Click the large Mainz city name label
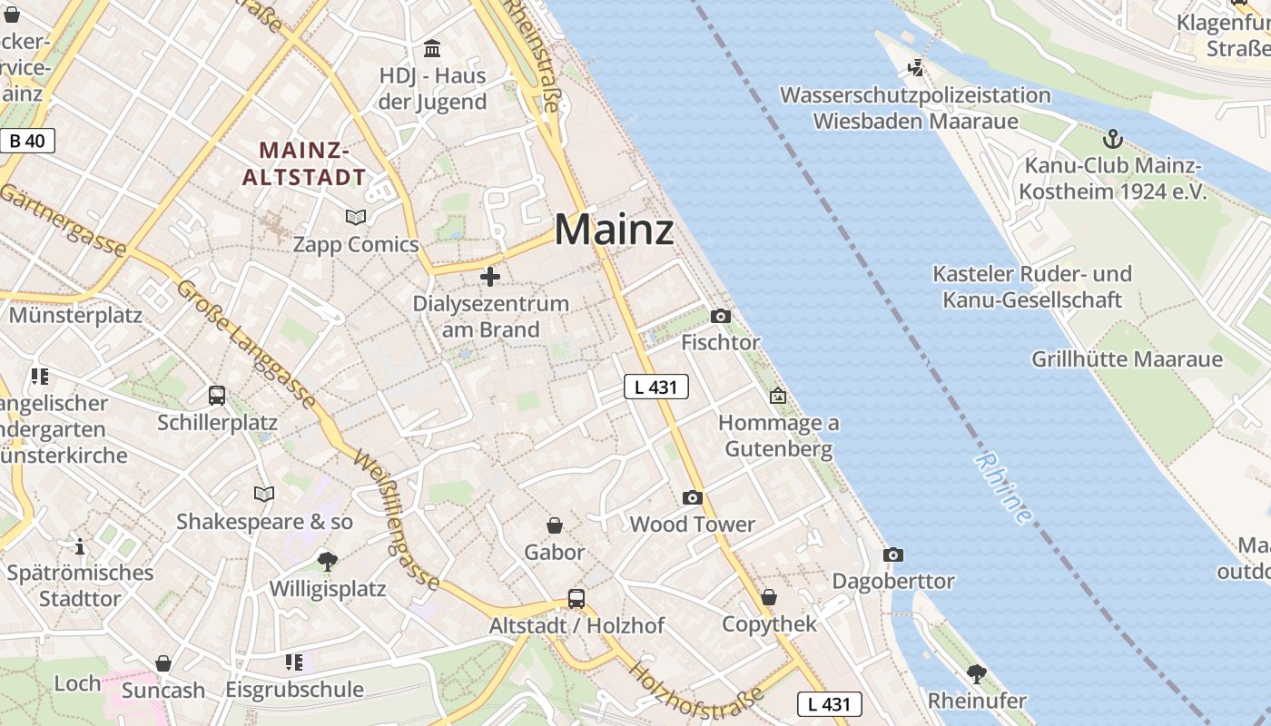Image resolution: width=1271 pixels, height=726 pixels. click(x=614, y=230)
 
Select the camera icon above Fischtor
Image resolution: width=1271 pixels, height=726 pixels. click(x=721, y=316)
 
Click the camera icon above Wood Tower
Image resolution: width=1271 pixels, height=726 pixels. click(x=693, y=497)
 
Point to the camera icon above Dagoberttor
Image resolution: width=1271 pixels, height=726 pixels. click(x=893, y=554)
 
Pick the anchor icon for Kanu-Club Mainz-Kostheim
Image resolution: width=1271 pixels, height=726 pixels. click(x=1113, y=139)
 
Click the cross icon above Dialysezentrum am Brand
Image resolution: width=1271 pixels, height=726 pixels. click(x=490, y=276)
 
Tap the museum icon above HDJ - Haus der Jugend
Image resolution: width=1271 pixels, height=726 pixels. click(x=432, y=48)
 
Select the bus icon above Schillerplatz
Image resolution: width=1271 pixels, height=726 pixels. click(x=217, y=396)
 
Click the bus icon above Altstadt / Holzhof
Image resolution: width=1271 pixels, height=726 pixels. click(x=576, y=599)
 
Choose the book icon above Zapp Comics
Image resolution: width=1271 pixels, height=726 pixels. click(x=356, y=217)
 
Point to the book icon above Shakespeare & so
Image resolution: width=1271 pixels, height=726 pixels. click(x=264, y=494)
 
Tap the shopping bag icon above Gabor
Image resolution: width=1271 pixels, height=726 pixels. click(x=555, y=525)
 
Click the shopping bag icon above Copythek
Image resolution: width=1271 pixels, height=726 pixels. click(x=769, y=597)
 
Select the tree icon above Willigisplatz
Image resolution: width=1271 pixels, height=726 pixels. click(x=328, y=562)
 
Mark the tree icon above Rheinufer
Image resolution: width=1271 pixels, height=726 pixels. click(x=977, y=673)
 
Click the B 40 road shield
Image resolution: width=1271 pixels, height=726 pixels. click(x=27, y=141)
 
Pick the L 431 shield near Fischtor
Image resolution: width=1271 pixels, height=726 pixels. click(x=656, y=387)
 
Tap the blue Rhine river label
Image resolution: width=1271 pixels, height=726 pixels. click(x=1004, y=488)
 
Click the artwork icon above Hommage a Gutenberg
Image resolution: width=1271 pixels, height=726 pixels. click(x=778, y=396)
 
